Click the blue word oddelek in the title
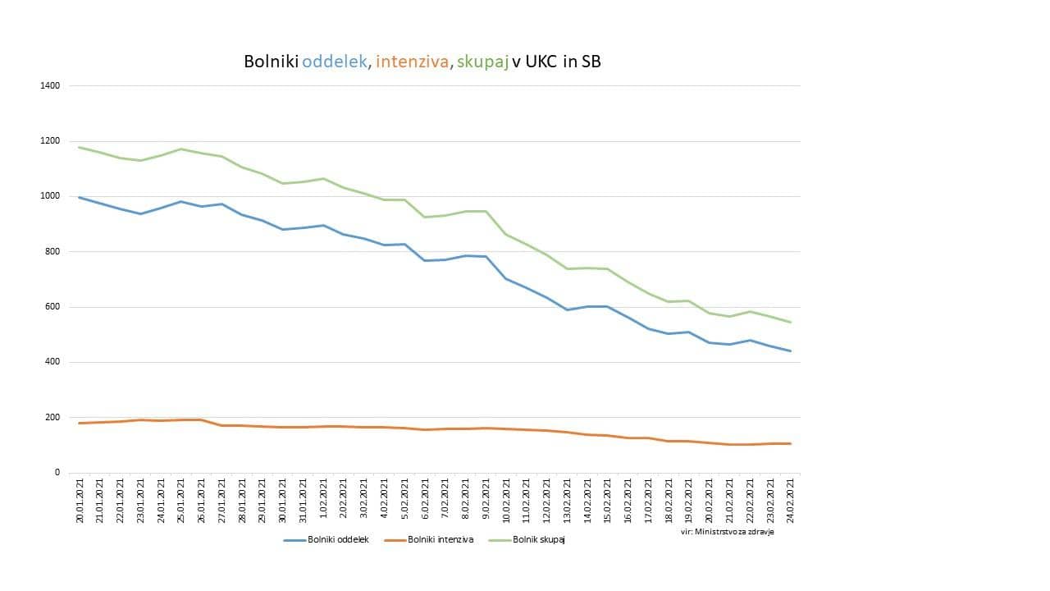pyautogui.click(x=336, y=62)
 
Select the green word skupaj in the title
pyautogui.click(x=482, y=62)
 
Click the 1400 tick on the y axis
pyautogui.click(x=50, y=86)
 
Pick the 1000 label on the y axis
pyautogui.click(x=50, y=196)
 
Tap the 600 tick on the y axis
pyautogui.click(x=52, y=307)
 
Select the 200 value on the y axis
pyautogui.click(x=52, y=417)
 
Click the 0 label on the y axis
pyautogui.click(x=57, y=473)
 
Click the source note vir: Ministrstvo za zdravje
pyautogui.click(x=727, y=532)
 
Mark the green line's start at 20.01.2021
pyautogui.click(x=80, y=148)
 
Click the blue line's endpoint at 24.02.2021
pyautogui.click(x=790, y=351)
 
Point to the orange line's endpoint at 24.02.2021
pyautogui.click(x=790, y=443)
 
